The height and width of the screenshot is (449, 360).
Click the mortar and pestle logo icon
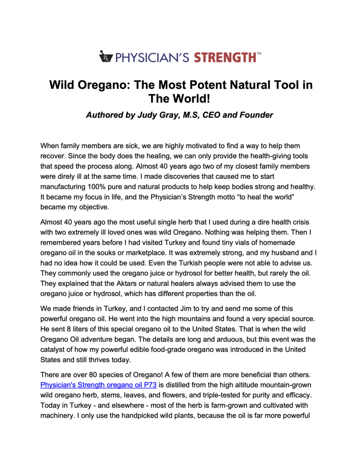(106, 56)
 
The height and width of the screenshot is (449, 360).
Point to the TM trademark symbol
(259, 53)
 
